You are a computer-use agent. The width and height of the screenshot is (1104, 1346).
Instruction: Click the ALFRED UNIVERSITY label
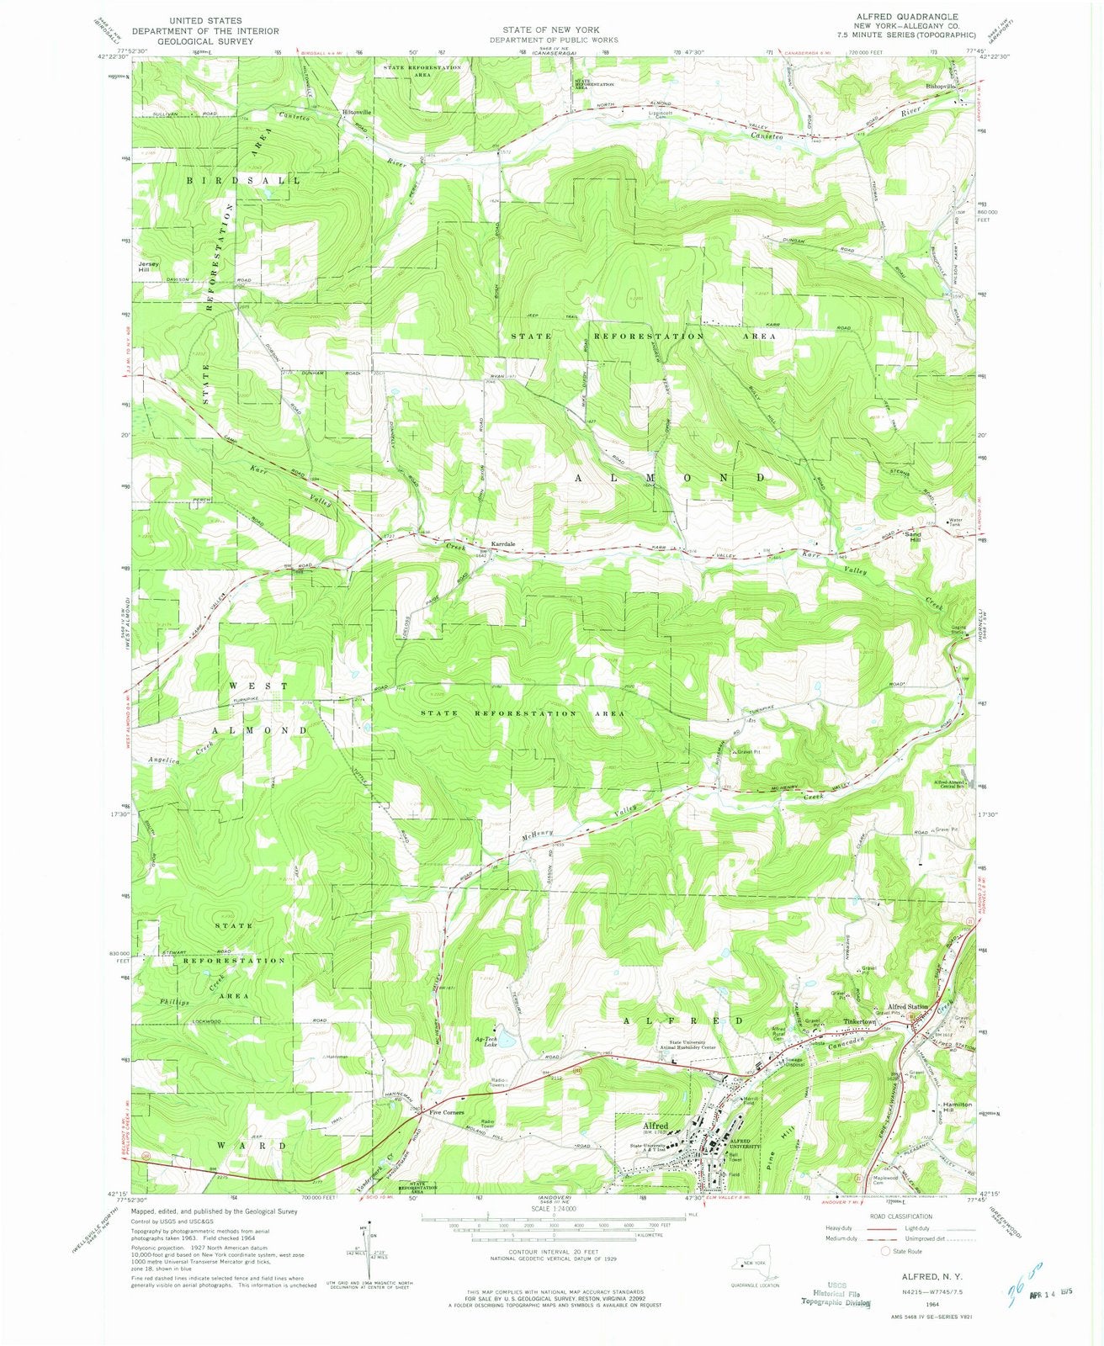click(x=740, y=1143)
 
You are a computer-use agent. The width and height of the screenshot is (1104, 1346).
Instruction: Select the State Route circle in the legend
click(x=886, y=1251)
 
